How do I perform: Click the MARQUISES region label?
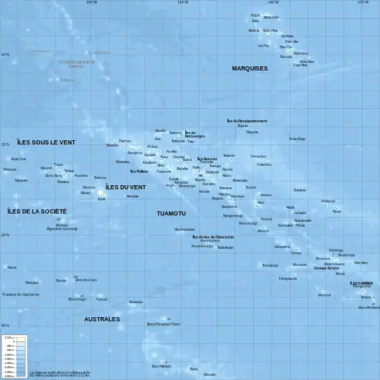tap(249, 68)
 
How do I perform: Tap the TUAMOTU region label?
tap(171, 213)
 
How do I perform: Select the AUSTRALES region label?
tap(102, 319)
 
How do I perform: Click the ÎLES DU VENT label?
tap(126, 187)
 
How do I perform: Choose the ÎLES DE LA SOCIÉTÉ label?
tap(37, 211)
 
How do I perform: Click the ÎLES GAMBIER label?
tap(361, 283)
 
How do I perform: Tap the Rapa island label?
tap(193, 369)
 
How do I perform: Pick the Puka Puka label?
tap(297, 139)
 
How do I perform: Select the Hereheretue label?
tap(184, 229)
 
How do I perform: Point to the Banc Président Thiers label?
tap(164, 323)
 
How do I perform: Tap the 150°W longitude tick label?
tap(91, 3)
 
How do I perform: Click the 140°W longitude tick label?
tap(274, 3)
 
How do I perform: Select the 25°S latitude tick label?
tap(5, 325)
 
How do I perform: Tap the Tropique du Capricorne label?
tap(21, 294)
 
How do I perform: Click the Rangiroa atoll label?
tap(135, 153)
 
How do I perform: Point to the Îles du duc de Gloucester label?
tap(213, 236)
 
